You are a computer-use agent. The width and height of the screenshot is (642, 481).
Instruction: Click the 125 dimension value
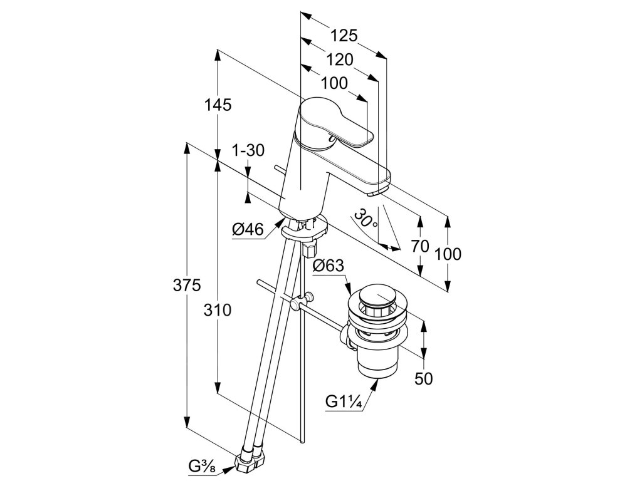344,36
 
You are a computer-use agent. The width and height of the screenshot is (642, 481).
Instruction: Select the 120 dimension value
340,59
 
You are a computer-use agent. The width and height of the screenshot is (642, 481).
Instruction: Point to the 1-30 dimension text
248,150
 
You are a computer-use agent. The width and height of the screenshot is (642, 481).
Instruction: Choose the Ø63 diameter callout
329,266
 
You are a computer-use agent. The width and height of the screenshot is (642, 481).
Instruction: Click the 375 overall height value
187,286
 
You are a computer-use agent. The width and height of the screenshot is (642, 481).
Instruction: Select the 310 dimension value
218,310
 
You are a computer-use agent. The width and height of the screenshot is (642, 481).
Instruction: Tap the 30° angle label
366,219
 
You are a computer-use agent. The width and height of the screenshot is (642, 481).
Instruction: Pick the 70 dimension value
420,246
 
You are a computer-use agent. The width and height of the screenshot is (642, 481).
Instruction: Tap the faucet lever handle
335,125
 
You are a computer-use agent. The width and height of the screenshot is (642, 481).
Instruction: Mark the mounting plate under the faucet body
305,231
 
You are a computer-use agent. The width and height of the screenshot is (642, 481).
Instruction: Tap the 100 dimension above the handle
334,83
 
